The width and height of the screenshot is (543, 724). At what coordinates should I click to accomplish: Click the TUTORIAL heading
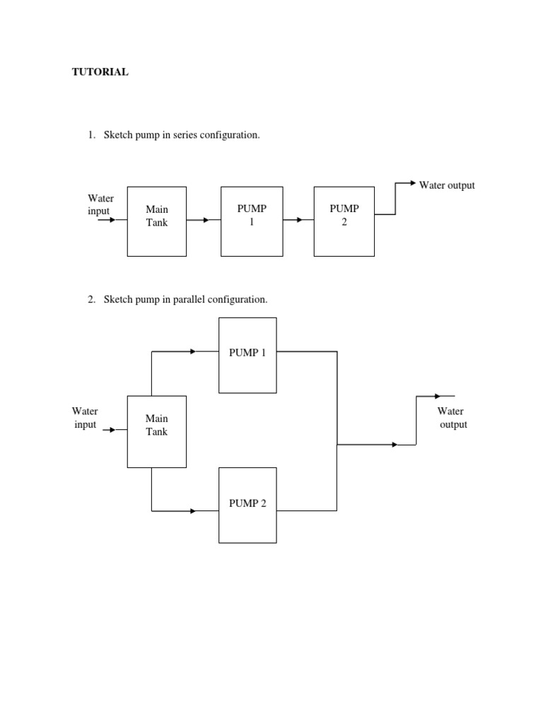pyautogui.click(x=100, y=72)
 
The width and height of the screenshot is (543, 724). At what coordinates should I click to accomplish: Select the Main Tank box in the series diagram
pyautogui.click(x=157, y=221)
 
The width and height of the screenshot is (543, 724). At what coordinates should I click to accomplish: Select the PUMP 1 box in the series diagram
pyautogui.click(x=252, y=221)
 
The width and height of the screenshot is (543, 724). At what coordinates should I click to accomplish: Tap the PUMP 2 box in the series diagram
pyautogui.click(x=344, y=221)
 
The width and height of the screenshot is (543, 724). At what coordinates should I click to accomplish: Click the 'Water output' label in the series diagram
pyautogui.click(x=447, y=185)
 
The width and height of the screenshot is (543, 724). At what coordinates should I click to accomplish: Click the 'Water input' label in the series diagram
pyautogui.click(x=100, y=205)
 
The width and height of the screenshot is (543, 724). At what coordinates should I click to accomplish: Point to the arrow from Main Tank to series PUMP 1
pyautogui.click(x=205, y=220)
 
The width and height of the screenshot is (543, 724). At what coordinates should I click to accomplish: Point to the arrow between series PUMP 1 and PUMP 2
pyautogui.click(x=298, y=220)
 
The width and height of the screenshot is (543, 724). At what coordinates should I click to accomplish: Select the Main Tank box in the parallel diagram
pyautogui.click(x=157, y=431)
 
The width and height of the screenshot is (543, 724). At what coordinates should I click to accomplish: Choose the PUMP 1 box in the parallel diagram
pyautogui.click(x=247, y=355)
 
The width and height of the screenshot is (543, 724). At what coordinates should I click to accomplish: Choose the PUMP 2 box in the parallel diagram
pyautogui.click(x=247, y=505)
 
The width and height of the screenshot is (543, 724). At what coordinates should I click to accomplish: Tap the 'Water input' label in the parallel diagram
pyautogui.click(x=85, y=418)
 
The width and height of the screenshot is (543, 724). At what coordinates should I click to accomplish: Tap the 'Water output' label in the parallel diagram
pyautogui.click(x=451, y=418)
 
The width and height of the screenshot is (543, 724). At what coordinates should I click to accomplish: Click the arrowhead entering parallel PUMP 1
pyautogui.click(x=193, y=351)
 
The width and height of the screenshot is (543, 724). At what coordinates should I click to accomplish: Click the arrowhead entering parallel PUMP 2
pyautogui.click(x=193, y=510)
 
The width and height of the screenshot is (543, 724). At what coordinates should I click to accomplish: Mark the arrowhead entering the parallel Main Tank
pyautogui.click(x=111, y=429)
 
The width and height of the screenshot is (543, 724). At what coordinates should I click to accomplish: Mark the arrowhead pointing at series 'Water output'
pyautogui.click(x=413, y=183)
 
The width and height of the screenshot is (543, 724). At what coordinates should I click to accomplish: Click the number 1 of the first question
pyautogui.click(x=91, y=135)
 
